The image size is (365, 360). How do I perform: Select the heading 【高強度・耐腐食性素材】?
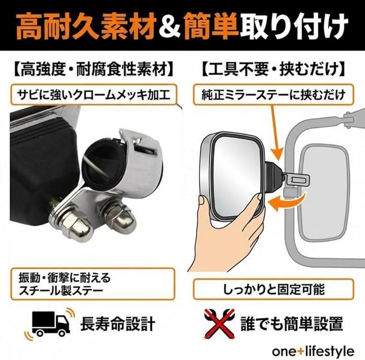click(93, 69)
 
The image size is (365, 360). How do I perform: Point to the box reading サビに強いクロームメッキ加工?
click(94, 95)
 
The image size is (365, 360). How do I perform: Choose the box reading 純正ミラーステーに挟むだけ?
click(273, 95)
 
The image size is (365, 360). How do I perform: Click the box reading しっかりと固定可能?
click(274, 289)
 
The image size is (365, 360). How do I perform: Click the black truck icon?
click(51, 323)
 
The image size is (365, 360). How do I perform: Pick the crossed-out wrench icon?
click(220, 324)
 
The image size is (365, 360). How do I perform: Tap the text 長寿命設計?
click(118, 324)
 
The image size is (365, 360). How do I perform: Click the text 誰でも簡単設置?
click(291, 324)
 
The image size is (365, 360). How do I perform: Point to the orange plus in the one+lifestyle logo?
click(301, 351)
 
